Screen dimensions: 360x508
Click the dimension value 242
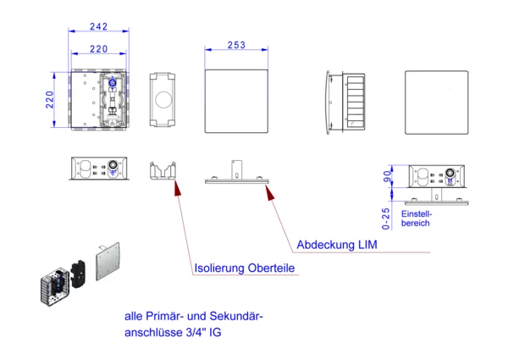click(x=98, y=25)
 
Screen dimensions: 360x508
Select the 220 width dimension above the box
click(x=98, y=48)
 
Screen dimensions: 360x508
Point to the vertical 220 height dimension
click(x=50, y=102)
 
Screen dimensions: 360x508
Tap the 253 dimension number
click(x=236, y=44)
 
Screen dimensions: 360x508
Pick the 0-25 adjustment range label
click(x=388, y=218)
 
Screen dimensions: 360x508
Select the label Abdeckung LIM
click(x=336, y=245)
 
